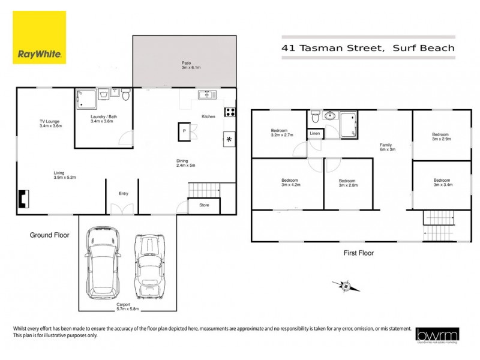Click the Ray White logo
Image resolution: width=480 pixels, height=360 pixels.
(40, 38)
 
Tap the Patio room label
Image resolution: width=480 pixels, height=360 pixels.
(187, 65)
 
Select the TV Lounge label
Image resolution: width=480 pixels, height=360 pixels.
(50, 124)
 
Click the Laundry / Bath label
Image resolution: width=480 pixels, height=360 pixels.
(101, 119)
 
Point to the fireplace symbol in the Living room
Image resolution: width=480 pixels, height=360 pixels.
(24, 199)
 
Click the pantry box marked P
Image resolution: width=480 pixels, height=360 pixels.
(184, 131)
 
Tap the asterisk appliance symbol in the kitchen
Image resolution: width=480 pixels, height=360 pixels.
(230, 140)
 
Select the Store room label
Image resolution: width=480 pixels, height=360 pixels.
(204, 205)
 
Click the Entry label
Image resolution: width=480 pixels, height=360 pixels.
(124, 194)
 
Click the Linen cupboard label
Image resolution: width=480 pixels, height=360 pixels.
(315, 133)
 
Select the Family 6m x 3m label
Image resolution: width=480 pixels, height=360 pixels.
(386, 147)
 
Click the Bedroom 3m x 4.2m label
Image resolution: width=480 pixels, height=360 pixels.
(290, 182)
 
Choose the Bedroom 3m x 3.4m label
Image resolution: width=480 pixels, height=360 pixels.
(442, 182)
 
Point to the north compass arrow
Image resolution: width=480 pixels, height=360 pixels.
(346, 286)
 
